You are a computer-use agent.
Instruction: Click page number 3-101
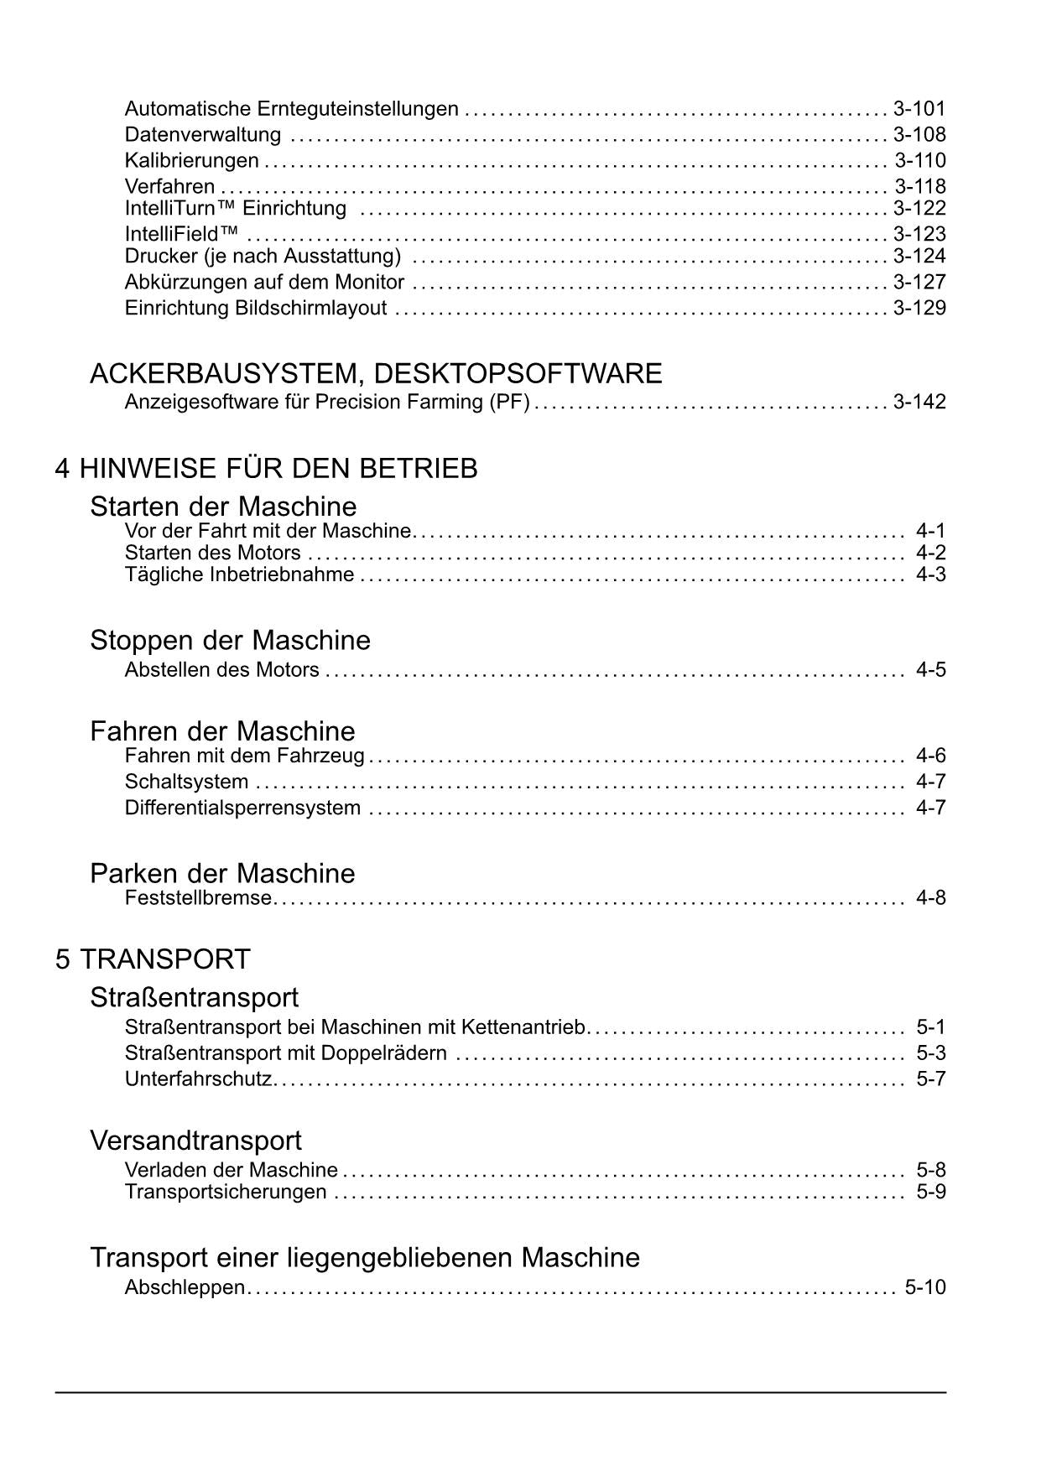pos(919,109)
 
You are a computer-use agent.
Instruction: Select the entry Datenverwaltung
pos(202,135)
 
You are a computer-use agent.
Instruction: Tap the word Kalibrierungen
pos(191,161)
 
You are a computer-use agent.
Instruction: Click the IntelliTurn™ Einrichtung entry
pos(235,208)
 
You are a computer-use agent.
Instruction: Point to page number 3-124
pos(919,256)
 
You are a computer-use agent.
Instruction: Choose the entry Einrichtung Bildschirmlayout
pos(256,309)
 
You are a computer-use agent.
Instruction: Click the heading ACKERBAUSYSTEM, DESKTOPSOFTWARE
pos(376,373)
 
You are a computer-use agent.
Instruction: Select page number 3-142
pos(919,403)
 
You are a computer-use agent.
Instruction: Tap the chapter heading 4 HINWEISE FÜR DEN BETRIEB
pos(266,468)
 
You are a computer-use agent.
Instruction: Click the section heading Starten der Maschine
pos(223,507)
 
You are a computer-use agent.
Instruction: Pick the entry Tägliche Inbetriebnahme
pos(239,575)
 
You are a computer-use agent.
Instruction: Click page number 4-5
pos(930,670)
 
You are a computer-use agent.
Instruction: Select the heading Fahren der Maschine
pos(222,731)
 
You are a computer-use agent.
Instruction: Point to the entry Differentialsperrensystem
pos(242,808)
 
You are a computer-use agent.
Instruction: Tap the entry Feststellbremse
pos(198,898)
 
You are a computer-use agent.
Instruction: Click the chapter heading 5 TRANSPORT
pos(153,959)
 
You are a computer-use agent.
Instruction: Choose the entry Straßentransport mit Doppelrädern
pos(285,1053)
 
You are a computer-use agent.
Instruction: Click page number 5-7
pos(930,1079)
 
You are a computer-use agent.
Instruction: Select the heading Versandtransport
pos(195,1141)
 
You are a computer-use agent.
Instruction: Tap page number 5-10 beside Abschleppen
pos(924,1288)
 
